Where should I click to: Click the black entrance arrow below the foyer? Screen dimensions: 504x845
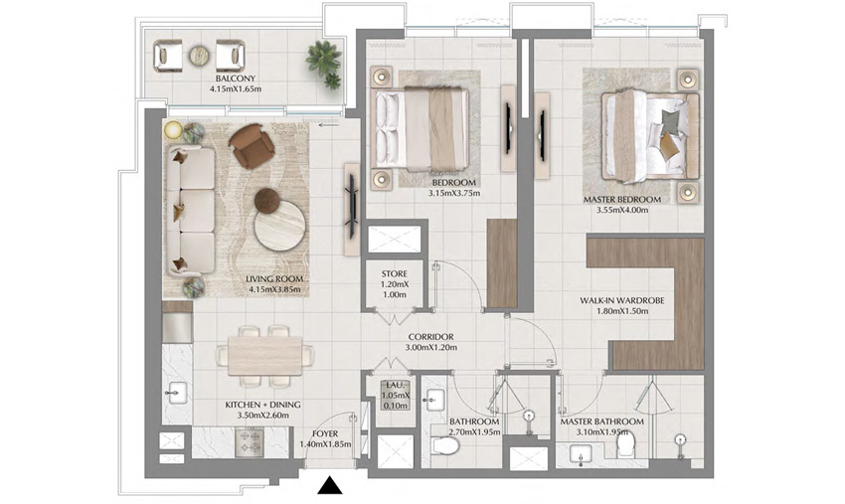pyautogui.click(x=329, y=485)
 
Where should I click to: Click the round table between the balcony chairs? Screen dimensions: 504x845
pyautogui.click(x=200, y=56)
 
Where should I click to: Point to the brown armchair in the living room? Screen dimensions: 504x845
pyautogui.click(x=251, y=146)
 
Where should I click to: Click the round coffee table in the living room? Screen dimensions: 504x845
pyautogui.click(x=278, y=224)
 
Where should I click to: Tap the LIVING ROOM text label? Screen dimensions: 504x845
pyautogui.click(x=274, y=279)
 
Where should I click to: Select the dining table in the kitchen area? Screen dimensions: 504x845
pyautogui.click(x=264, y=354)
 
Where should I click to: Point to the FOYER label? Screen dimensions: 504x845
pyautogui.click(x=325, y=433)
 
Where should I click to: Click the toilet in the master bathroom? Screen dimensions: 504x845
pyautogui.click(x=626, y=446)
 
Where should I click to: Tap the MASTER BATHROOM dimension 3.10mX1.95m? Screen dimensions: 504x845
pyautogui.click(x=601, y=433)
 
